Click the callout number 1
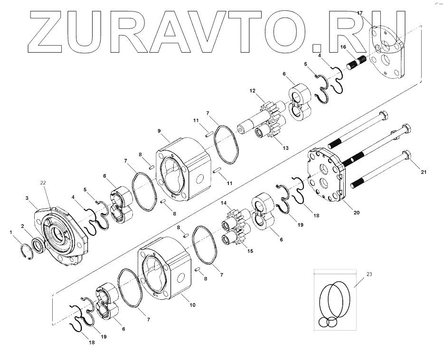click(x=11, y=232)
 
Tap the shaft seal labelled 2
click(x=27, y=198)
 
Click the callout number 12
click(x=252, y=91)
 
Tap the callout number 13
click(x=285, y=148)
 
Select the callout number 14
click(x=223, y=203)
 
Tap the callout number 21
click(x=424, y=172)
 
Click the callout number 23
click(x=370, y=274)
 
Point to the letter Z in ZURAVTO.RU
click(x=53, y=31)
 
